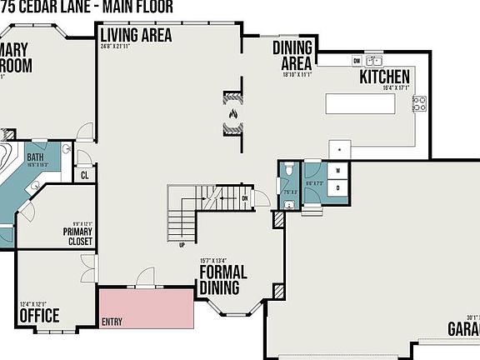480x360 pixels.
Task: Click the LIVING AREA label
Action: [136, 35]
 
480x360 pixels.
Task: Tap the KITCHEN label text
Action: [384, 77]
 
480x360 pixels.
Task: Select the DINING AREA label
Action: [292, 55]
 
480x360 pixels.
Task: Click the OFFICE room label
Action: [39, 316]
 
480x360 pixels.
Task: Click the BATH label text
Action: [35, 157]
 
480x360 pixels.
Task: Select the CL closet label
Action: [85, 176]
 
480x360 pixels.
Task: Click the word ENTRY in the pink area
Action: [112, 321]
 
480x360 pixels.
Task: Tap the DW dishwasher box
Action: [357, 61]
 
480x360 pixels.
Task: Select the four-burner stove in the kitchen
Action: [419, 103]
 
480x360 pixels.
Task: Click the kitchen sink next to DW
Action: [376, 61]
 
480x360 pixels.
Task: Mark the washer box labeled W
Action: [338, 171]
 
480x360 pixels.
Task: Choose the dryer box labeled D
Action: [338, 188]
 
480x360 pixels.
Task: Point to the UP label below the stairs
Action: [182, 245]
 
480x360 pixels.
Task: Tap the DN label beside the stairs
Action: [245, 198]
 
